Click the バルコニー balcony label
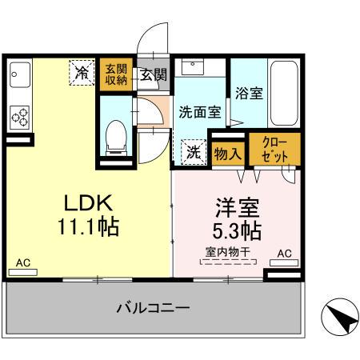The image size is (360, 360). pyautogui.click(x=152, y=307)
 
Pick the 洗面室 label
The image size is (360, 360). pyautogui.click(x=199, y=113)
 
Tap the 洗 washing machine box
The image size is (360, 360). pyautogui.click(x=193, y=150)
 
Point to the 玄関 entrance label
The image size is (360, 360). pyautogui.click(x=153, y=76)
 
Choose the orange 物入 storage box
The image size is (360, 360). pyautogui.click(x=227, y=152)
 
